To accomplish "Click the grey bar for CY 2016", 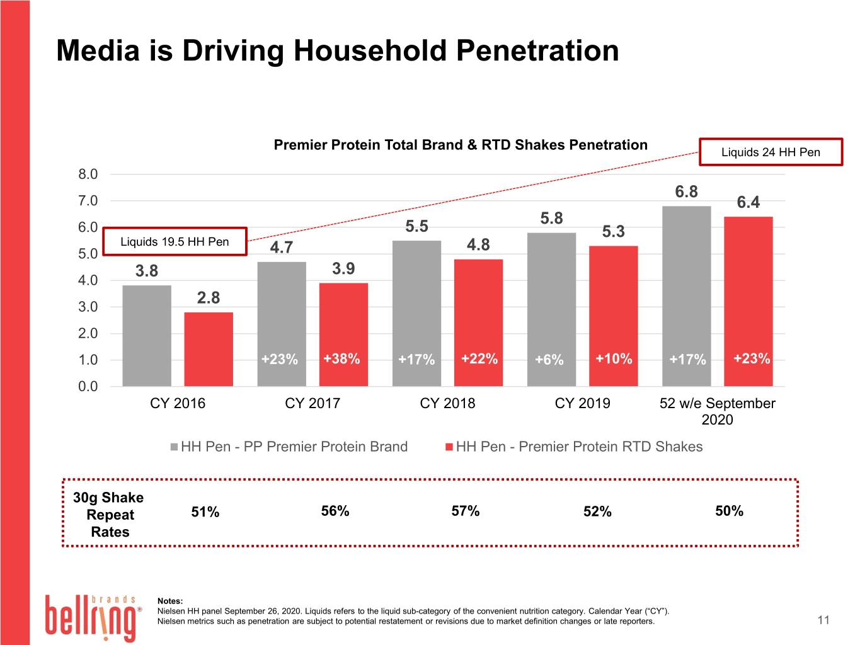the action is (147, 336).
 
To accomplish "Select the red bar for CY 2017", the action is (343, 334).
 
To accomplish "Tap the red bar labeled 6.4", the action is (748, 301).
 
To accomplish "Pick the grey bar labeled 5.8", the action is (551, 309).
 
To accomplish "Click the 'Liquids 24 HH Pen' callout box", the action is (771, 152).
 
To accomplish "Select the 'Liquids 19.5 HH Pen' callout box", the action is (175, 241).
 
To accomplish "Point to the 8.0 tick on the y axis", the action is (88, 174).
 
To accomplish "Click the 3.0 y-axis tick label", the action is (88, 307).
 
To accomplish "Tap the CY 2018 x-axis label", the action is (447, 403).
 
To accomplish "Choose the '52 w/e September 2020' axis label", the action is (717, 411).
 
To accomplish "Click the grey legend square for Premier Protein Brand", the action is (175, 447).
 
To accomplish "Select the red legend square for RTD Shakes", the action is (449, 447).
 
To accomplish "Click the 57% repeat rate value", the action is (465, 511).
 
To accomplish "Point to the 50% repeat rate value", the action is (729, 511).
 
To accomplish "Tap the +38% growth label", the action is (341, 358).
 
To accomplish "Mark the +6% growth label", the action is (549, 359).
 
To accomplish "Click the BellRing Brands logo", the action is (93, 617).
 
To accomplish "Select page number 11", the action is (823, 620).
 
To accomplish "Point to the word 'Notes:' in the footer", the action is (170, 601).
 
